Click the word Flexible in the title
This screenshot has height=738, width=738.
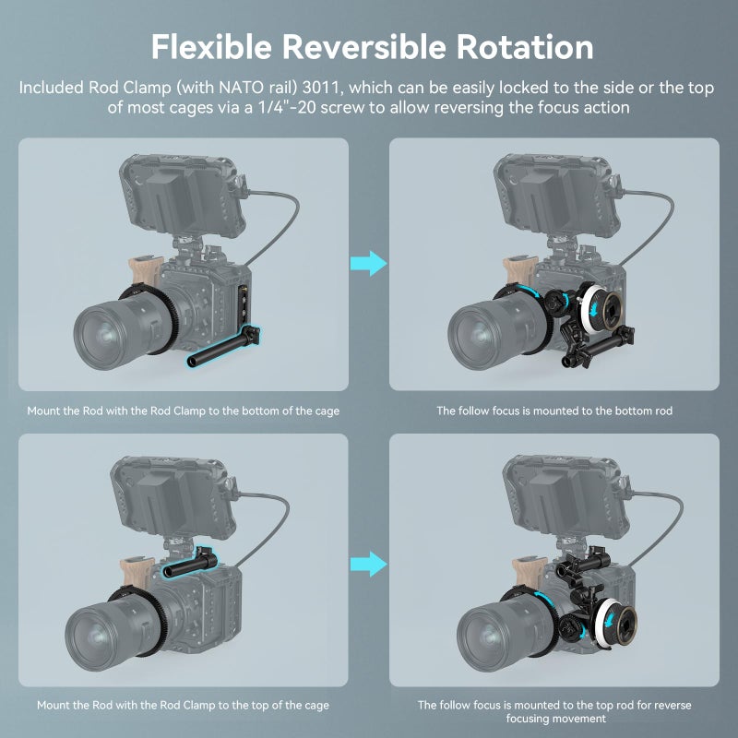[x=209, y=46]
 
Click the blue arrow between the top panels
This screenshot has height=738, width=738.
[x=369, y=264]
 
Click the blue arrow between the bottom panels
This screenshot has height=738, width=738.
[x=369, y=563]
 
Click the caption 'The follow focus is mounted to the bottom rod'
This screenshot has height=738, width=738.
[x=553, y=411]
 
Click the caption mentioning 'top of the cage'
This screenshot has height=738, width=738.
[x=183, y=705]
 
